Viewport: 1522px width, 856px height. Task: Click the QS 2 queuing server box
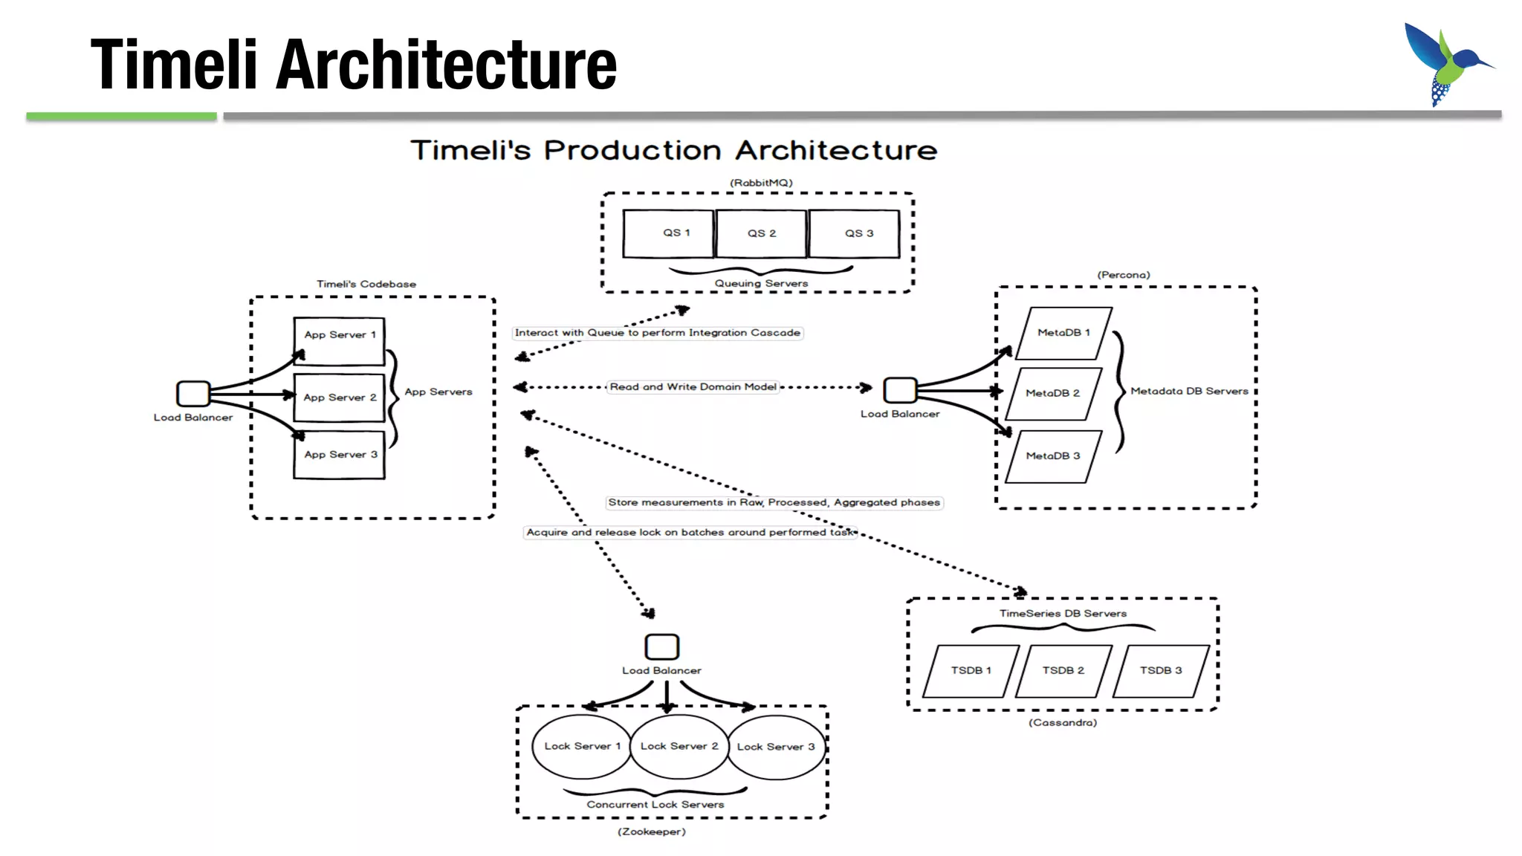(761, 233)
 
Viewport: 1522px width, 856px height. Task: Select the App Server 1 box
(340, 340)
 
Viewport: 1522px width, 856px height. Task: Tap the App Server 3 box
(340, 455)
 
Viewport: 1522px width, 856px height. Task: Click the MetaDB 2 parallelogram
(1053, 393)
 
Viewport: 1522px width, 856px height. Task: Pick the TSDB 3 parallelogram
(1161, 671)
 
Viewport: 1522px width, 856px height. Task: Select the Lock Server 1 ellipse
(582, 746)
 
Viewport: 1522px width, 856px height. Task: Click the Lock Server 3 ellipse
(777, 747)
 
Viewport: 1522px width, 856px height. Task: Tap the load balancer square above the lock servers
(661, 646)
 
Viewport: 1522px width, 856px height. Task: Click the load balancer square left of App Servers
(193, 393)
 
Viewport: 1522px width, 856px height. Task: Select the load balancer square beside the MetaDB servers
(900, 389)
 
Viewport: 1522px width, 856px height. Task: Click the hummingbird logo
(1445, 64)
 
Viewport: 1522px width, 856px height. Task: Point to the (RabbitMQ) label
(761, 183)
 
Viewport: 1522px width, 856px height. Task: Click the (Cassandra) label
(1063, 722)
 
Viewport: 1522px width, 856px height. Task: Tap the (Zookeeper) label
(652, 831)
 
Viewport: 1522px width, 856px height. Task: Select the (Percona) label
(1124, 275)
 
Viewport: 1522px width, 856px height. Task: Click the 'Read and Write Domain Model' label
(693, 387)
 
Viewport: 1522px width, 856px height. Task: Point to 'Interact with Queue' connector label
(658, 333)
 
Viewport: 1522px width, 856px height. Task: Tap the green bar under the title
(121, 116)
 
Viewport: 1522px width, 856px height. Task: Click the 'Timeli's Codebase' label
(366, 284)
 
